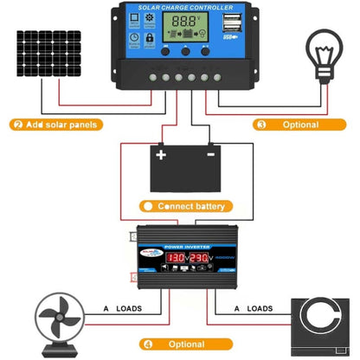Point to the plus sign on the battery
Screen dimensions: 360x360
click(160, 156)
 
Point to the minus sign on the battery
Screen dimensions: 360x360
click(211, 156)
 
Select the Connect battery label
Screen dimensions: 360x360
click(191, 206)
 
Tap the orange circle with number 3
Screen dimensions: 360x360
click(261, 124)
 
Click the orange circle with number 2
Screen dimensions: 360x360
click(17, 124)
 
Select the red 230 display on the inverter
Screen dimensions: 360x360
click(196, 258)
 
